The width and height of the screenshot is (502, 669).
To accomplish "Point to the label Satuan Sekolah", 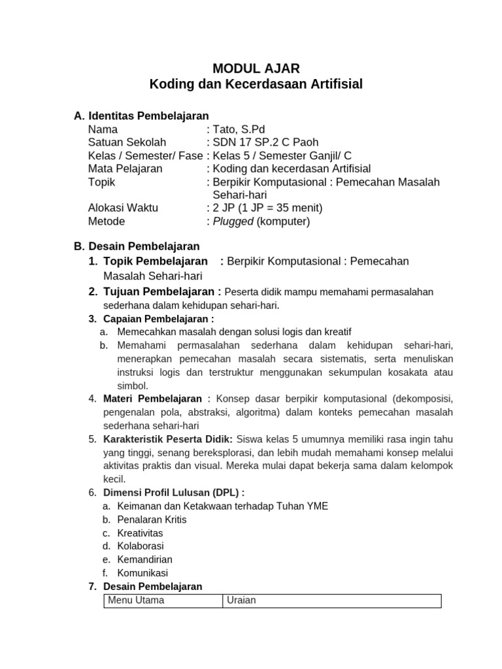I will point(127,142).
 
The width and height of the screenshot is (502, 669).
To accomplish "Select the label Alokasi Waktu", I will point(123,208).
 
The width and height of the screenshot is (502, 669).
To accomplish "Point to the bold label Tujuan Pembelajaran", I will point(159,291).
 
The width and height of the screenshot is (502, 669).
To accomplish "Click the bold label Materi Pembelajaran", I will point(153,399).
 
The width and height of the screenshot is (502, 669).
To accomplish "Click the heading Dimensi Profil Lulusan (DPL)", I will point(172,492).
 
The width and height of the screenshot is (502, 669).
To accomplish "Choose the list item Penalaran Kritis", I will point(152,519).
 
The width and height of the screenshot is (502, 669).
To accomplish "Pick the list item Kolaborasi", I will point(141,546).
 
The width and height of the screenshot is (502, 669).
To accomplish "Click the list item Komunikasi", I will point(142,573).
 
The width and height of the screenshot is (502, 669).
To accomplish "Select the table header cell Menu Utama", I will point(136,600).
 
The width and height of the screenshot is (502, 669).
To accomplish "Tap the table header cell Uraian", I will point(241,600).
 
